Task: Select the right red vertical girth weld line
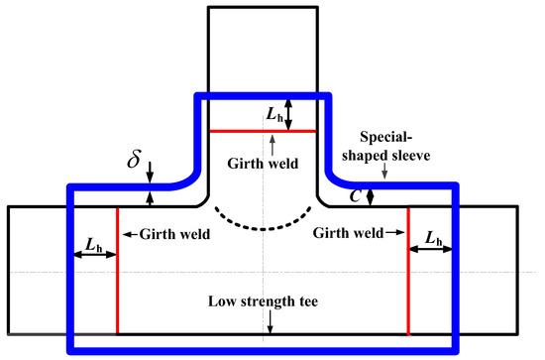(x=408, y=288)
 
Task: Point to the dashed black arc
(x=262, y=220)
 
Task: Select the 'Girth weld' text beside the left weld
(x=169, y=235)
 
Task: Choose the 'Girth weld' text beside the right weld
(x=347, y=235)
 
